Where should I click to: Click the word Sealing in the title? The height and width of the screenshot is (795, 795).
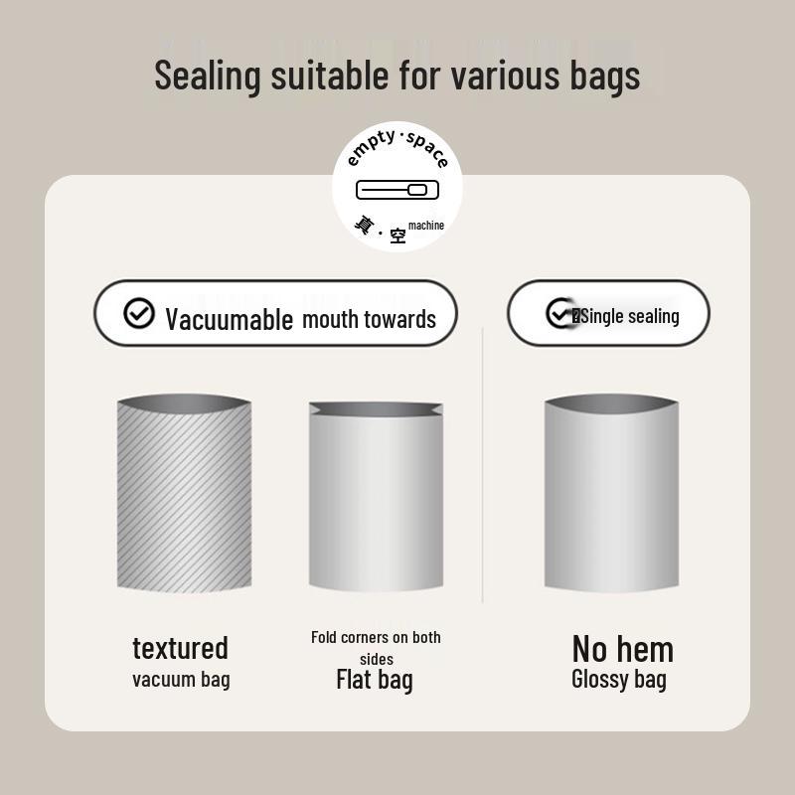(207, 77)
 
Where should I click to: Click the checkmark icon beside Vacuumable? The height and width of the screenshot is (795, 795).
(139, 313)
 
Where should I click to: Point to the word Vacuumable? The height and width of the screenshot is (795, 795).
(230, 319)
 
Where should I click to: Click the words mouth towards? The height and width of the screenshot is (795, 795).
(369, 319)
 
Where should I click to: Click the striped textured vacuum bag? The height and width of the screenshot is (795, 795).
(184, 493)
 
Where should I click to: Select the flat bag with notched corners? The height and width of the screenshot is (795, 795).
(376, 496)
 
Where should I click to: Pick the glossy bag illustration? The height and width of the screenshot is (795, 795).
(611, 493)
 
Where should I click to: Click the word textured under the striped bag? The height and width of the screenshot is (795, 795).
(181, 649)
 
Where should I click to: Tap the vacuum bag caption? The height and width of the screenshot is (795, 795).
(181, 680)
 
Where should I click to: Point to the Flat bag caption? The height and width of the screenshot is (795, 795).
(375, 680)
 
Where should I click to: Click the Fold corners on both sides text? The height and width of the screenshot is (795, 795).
(376, 648)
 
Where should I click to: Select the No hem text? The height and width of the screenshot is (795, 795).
(623, 649)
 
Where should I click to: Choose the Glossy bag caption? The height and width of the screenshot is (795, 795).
(618, 680)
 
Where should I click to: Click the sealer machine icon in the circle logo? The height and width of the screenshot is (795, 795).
(397, 190)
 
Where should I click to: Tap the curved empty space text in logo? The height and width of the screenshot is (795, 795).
(397, 148)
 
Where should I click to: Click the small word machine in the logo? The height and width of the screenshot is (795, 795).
(426, 226)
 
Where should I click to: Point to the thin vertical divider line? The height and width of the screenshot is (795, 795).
(482, 465)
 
